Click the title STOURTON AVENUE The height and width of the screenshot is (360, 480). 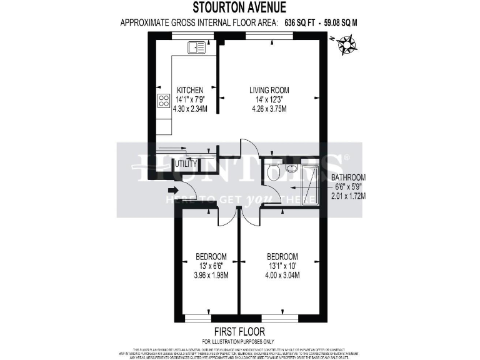click(239, 8)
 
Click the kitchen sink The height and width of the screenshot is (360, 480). click(196, 46)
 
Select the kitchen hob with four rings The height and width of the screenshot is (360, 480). click(164, 101)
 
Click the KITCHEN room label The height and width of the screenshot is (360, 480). click(189, 90)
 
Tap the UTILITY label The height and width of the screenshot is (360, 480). click(186, 164)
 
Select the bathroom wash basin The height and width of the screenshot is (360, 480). click(291, 167)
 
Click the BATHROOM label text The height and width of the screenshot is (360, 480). click(348, 177)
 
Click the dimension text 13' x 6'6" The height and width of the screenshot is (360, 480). click(211, 266)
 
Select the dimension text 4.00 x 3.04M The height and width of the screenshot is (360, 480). click(282, 275)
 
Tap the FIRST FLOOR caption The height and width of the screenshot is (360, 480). click(239, 331)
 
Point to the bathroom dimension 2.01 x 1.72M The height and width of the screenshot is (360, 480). click(348, 196)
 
